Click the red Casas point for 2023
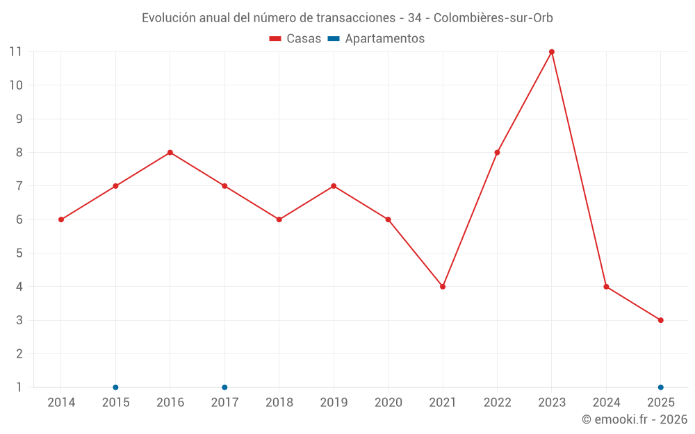pos(551,52)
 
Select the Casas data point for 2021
pos(443,287)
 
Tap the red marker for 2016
pos(170,153)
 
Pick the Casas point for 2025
pos(660,320)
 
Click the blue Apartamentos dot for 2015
pos(115,387)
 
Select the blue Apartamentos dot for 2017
pos(224,387)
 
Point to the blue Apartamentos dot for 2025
pos(660,387)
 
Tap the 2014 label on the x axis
pos(61,403)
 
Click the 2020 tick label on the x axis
pos(388,403)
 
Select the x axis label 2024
pos(606,403)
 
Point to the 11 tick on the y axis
pos(15,52)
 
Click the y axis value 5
pos(19,253)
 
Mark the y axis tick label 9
pos(19,119)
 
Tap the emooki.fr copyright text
pos(635,419)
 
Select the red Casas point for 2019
pos(334,186)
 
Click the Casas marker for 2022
pos(497,153)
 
